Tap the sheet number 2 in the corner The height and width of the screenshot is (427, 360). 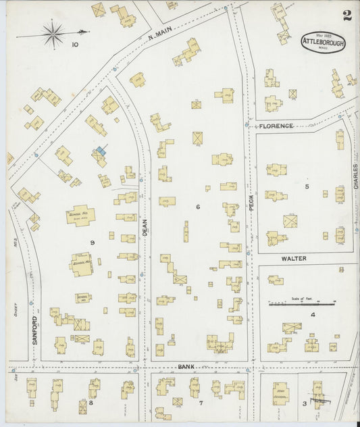pos(346,16)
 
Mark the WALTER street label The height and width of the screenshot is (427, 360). pos(294,258)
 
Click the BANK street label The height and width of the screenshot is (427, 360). pos(186,367)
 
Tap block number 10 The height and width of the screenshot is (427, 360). pos(74,45)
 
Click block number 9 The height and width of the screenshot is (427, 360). pos(92,241)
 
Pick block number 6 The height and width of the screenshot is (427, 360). pos(198,207)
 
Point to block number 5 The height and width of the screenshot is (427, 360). pos(307,186)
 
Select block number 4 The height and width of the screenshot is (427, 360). pos(313,314)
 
